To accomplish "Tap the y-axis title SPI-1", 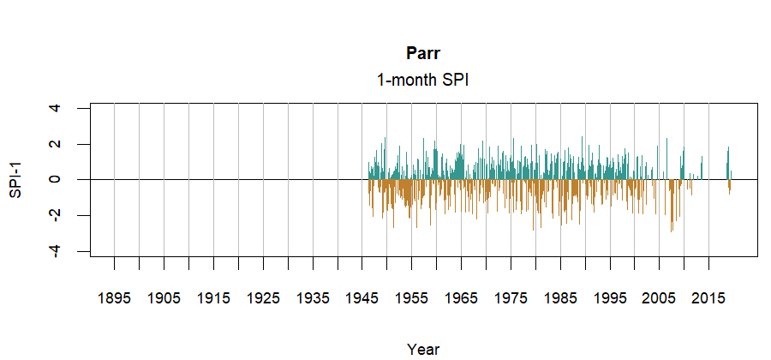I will (15, 180).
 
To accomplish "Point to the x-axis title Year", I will (423, 349).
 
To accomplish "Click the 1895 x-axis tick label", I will (114, 298).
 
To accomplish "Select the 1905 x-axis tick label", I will (164, 298).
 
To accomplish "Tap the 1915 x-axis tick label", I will (213, 298).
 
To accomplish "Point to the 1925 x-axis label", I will (263, 298).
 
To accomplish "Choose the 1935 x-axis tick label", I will (313, 298).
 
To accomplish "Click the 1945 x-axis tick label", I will (362, 298).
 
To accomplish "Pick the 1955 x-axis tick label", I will (412, 298).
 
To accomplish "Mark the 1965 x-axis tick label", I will (462, 298).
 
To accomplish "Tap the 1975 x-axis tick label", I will (511, 298).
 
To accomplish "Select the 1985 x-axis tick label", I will (561, 298).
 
